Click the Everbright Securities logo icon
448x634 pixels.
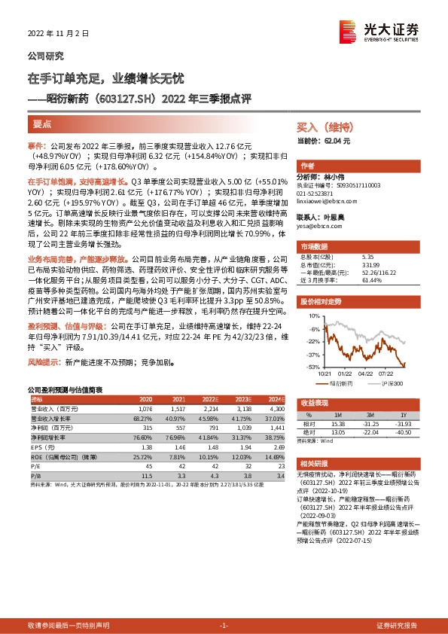[349, 29]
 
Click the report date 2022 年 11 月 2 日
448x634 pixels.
[58, 34]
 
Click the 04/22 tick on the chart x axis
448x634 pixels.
[367, 372]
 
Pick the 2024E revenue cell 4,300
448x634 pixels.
[276, 407]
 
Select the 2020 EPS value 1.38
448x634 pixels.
[147, 447]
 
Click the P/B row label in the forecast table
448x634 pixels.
[35, 476]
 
